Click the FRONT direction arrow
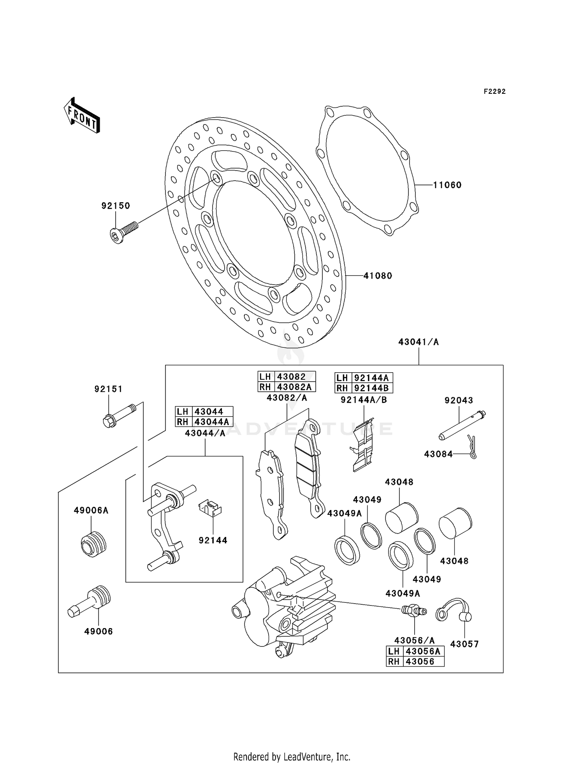(x=82, y=116)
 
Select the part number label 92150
(x=116, y=206)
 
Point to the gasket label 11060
(x=447, y=185)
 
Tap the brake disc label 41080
(x=378, y=276)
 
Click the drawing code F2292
(x=494, y=92)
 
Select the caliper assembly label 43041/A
(x=418, y=342)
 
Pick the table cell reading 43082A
(x=295, y=387)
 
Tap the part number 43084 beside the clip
(x=438, y=454)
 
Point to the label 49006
(x=99, y=632)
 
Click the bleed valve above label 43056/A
(x=413, y=611)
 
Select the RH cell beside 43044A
(x=183, y=422)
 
